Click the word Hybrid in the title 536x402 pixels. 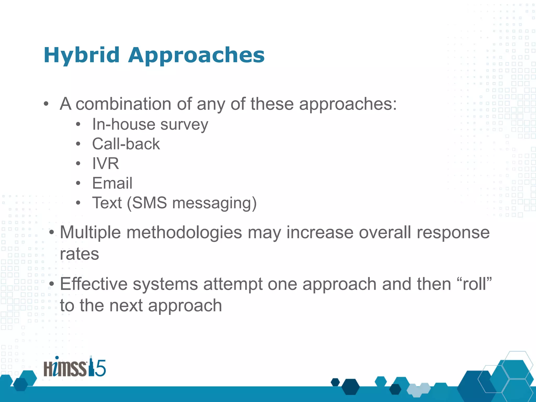coord(81,55)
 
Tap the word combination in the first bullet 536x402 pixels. coord(123,104)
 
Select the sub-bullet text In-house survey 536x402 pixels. coord(150,124)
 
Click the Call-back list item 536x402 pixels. coord(126,144)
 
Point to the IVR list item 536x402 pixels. coord(105,164)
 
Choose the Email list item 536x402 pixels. coord(112,183)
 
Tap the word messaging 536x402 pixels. coord(211,203)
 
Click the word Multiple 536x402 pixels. coord(90,232)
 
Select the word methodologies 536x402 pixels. coord(184,232)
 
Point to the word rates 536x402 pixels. coord(79,254)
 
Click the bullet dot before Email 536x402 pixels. coord(78,183)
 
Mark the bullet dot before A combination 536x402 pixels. coord(46,104)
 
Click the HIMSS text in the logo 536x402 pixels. coord(65,368)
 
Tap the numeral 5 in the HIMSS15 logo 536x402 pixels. coord(100,368)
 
